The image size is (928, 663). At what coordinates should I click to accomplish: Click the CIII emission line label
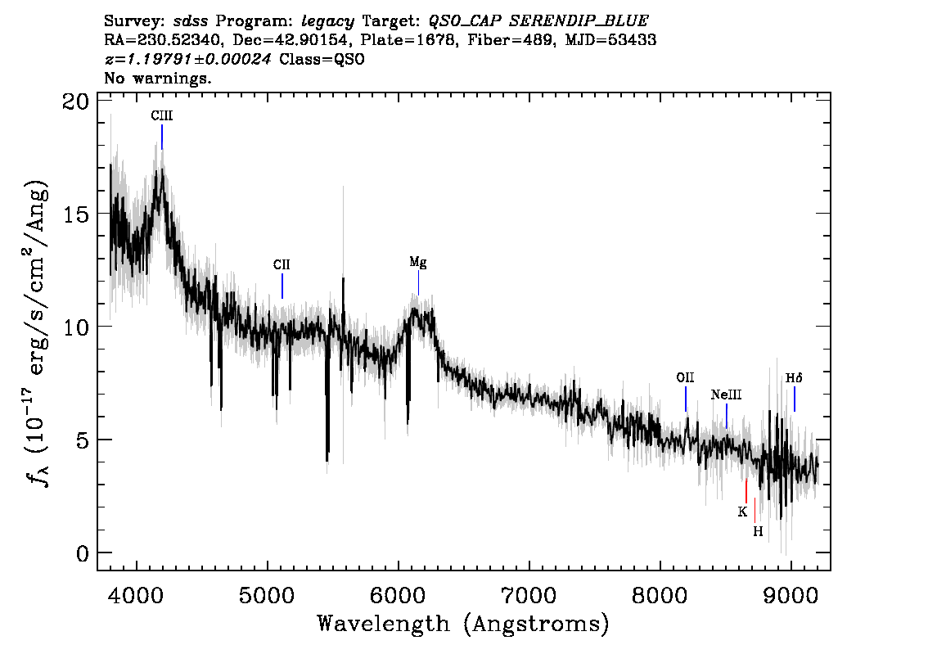click(x=161, y=115)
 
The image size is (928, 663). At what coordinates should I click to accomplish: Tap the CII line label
click(x=282, y=264)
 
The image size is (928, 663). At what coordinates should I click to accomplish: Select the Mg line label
click(x=418, y=263)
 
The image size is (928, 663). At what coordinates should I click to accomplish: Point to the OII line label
click(x=685, y=377)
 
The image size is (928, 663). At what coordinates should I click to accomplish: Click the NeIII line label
click(x=726, y=395)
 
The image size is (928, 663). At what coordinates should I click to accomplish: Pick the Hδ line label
click(x=794, y=378)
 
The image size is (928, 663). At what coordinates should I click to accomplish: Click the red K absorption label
click(x=742, y=512)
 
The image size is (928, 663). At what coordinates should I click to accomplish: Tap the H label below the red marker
click(x=758, y=531)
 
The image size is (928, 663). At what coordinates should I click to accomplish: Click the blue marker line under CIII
click(x=162, y=137)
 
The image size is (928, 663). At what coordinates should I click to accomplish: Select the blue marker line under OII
click(x=686, y=399)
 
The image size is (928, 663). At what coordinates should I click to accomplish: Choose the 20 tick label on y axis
click(x=75, y=101)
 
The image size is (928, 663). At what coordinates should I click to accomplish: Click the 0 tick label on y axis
click(x=82, y=553)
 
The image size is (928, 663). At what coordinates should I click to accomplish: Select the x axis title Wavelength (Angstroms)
click(x=463, y=624)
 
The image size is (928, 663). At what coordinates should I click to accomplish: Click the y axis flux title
click(x=37, y=331)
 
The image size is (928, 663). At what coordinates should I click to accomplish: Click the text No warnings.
click(x=158, y=78)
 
